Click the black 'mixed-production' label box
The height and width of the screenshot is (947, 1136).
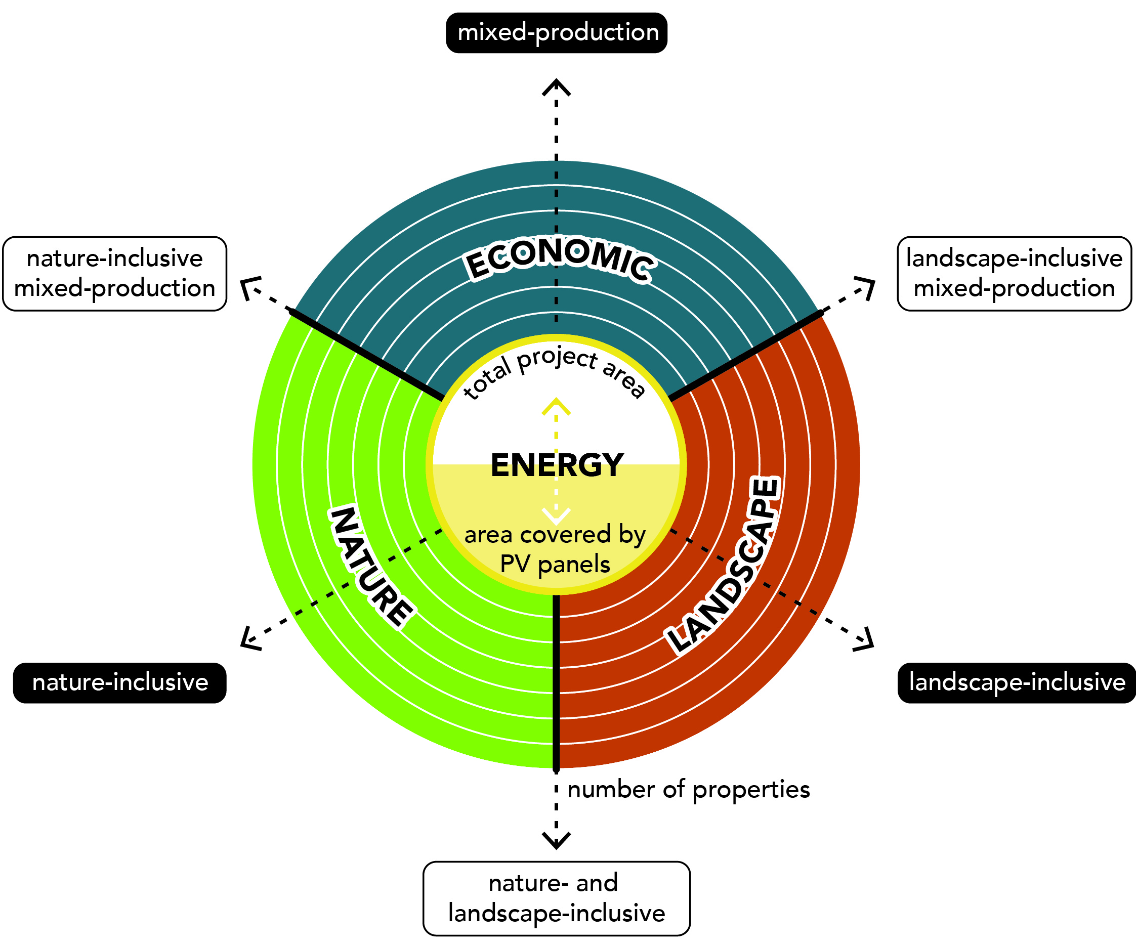click(x=556, y=33)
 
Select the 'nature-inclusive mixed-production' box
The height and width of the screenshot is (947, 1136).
click(x=115, y=274)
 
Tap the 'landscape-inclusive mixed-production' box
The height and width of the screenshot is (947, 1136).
click(x=1014, y=274)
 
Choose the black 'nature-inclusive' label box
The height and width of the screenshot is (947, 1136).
click(x=119, y=682)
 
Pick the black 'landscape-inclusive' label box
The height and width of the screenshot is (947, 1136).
click(x=1017, y=682)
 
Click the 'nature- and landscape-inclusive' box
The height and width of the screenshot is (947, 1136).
click(x=556, y=898)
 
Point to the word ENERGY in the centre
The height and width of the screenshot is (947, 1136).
click(x=557, y=465)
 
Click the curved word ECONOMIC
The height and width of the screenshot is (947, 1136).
click(x=560, y=258)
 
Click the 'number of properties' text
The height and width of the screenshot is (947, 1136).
click(x=688, y=790)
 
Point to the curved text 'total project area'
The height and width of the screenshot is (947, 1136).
click(x=555, y=371)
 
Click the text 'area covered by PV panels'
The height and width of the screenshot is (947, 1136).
click(x=555, y=549)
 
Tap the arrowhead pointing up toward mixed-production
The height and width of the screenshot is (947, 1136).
click(x=556, y=87)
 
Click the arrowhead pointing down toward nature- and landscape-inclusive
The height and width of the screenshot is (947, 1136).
click(x=556, y=840)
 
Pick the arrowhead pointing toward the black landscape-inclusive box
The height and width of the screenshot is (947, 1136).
click(x=864, y=640)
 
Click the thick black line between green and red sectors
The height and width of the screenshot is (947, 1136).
click(x=556, y=681)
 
